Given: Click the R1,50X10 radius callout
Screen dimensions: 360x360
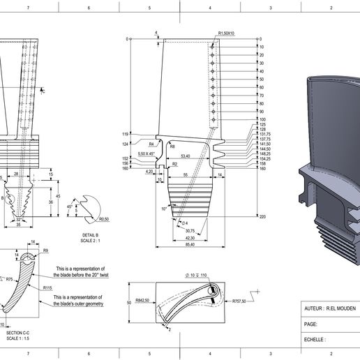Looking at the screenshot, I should (x=227, y=33).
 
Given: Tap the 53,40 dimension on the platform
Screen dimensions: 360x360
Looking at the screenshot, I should (x=186, y=157).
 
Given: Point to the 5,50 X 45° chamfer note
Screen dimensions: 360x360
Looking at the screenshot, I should (x=147, y=153).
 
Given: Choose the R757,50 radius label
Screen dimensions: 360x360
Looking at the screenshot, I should (x=243, y=302).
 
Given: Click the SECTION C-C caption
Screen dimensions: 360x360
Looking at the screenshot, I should (x=17, y=333).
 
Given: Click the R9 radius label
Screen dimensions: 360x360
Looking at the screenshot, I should (x=45, y=250).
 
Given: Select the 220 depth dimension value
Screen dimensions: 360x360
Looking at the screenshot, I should (x=262, y=217).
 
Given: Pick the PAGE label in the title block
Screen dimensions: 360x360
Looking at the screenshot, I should (x=311, y=324).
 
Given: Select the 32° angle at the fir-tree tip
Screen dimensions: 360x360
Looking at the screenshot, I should (x=18, y=218).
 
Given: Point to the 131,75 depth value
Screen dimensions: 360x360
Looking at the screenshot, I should (x=265, y=134).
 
